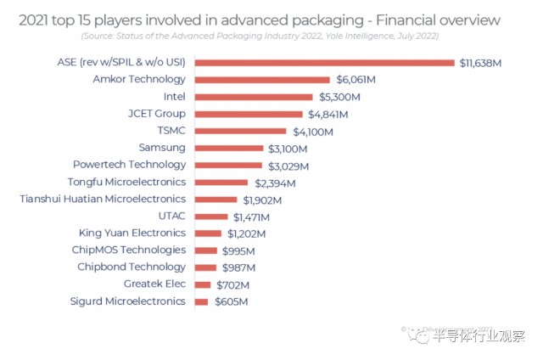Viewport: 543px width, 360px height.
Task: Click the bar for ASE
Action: [324, 62]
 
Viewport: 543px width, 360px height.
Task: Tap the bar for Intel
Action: [252, 96]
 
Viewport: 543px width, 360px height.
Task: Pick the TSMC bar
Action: [240, 131]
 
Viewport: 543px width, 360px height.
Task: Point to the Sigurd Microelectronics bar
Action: [201, 301]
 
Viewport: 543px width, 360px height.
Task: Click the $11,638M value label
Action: [484, 62]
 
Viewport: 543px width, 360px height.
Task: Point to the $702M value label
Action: [232, 284]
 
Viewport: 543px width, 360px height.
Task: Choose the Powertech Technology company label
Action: [129, 165]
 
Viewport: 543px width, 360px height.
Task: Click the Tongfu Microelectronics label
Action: [126, 182]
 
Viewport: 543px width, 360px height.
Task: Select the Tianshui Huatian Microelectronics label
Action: [103, 199]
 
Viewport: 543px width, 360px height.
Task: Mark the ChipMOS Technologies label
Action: [128, 250]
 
